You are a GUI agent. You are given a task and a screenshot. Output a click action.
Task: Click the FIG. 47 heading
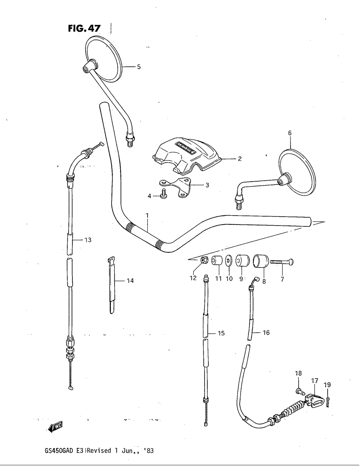(x=84, y=28)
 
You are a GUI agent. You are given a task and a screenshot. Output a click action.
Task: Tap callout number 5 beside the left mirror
(x=139, y=67)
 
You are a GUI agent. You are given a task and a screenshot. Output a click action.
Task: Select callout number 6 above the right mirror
(x=289, y=133)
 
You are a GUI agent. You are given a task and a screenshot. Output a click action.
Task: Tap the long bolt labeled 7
(x=282, y=262)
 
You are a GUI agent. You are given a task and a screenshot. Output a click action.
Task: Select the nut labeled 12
(x=203, y=260)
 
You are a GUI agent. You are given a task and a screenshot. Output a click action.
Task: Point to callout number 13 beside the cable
(x=88, y=240)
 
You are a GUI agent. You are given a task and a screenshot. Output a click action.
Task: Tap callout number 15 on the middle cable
(x=221, y=333)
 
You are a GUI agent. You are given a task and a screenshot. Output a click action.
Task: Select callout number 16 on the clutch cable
(x=266, y=333)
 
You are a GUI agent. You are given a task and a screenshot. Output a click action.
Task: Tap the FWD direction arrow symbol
(x=56, y=427)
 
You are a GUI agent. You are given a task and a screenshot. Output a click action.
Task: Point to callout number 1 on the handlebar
(x=147, y=215)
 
